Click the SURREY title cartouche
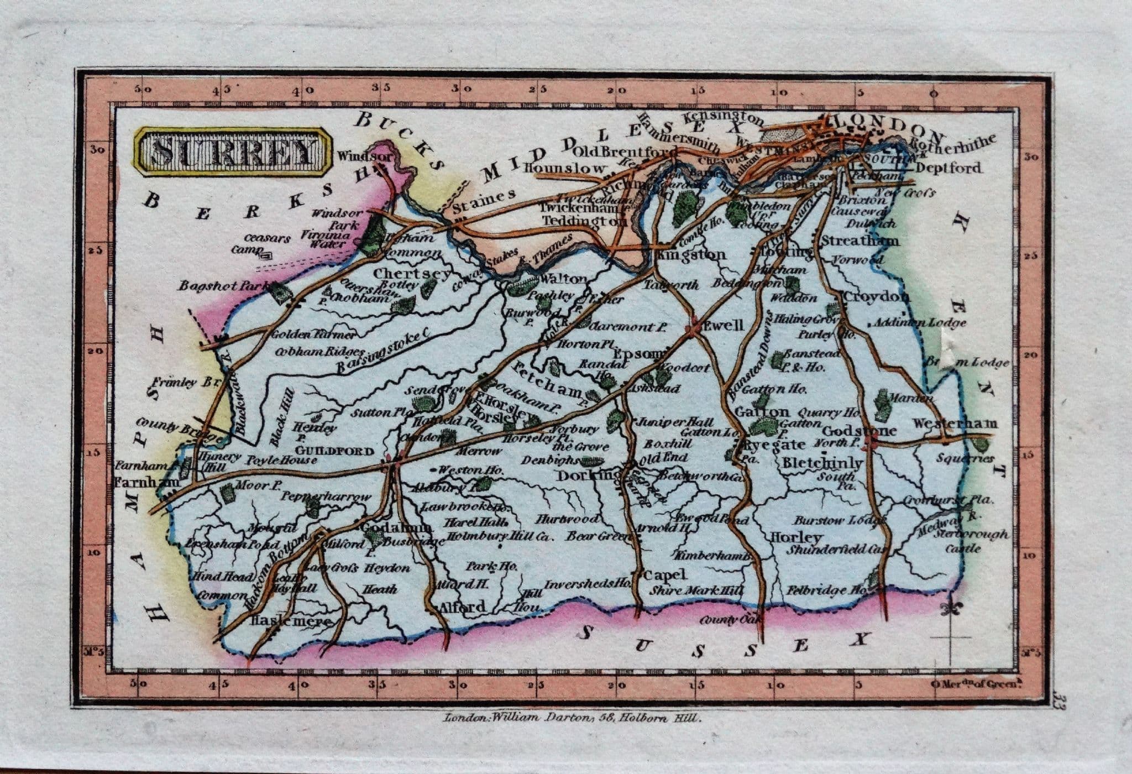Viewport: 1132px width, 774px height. tap(232, 152)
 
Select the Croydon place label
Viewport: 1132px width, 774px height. tap(876, 297)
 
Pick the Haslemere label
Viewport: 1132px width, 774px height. tap(291, 621)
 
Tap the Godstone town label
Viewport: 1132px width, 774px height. tap(859, 431)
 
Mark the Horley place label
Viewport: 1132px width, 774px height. tap(794, 537)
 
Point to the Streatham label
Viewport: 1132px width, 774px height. tap(860, 241)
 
